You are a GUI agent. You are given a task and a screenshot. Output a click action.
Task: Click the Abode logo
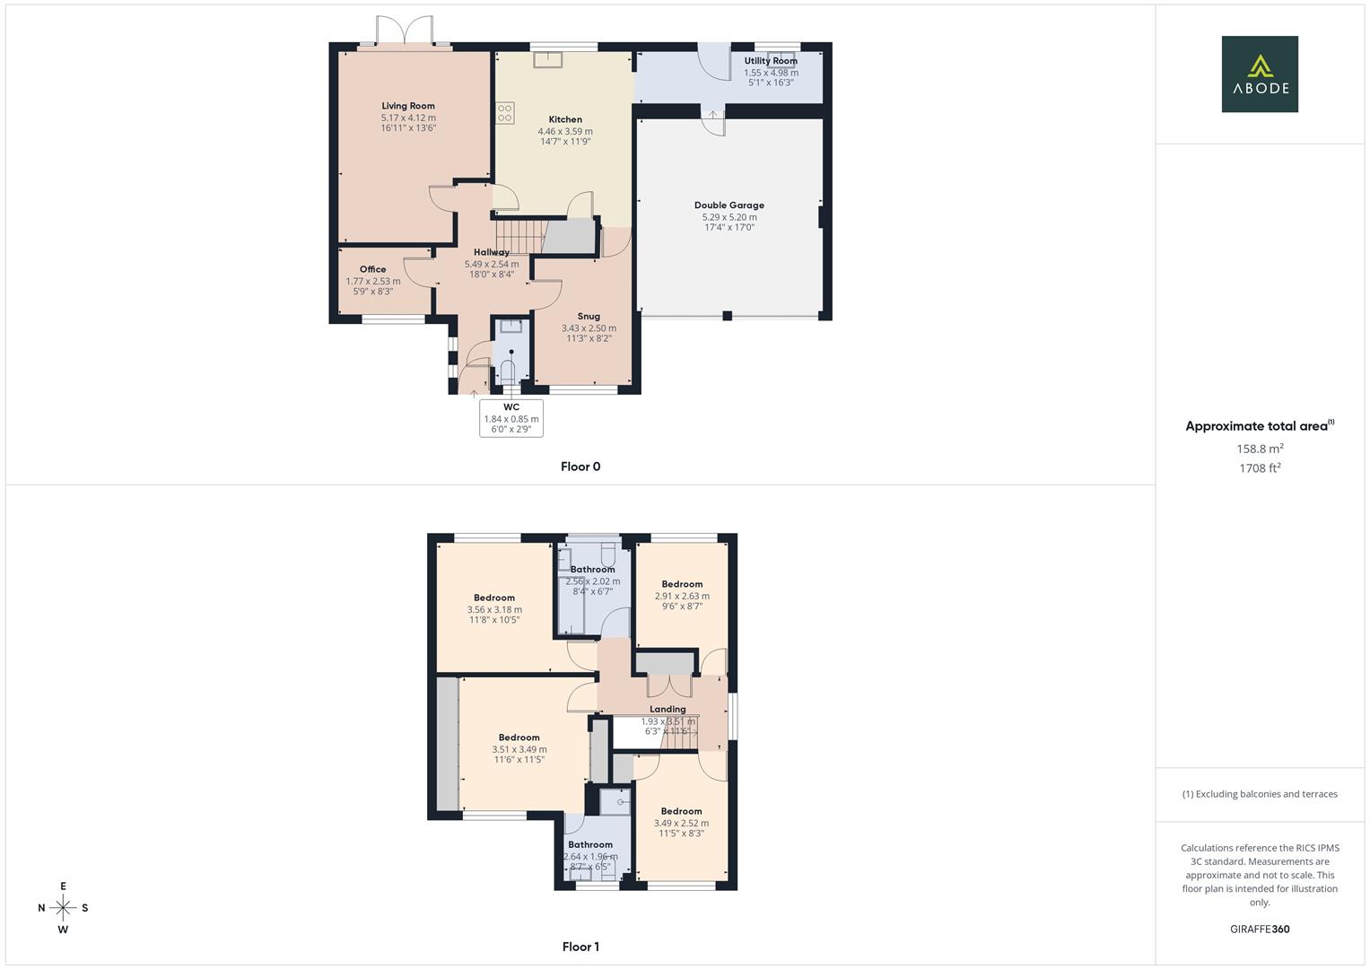click(x=1259, y=74)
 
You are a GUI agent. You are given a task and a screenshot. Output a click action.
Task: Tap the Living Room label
click(x=408, y=106)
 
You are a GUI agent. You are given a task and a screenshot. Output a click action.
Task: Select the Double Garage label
click(x=729, y=205)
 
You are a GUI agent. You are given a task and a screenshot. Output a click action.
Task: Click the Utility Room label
click(x=771, y=61)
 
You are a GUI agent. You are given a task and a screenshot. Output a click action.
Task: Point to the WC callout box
click(x=511, y=418)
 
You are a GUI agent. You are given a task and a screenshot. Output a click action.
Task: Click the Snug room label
click(x=589, y=317)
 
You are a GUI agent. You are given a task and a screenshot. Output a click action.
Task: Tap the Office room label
click(x=373, y=269)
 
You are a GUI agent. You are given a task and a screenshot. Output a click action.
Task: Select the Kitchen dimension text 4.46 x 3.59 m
click(x=565, y=131)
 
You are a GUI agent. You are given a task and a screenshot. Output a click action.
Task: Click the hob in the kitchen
click(x=505, y=113)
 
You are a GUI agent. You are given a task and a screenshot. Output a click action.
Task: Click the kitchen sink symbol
click(x=546, y=60)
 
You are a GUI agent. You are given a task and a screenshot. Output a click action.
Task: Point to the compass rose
click(x=63, y=908)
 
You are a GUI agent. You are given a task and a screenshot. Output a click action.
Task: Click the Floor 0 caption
click(x=580, y=467)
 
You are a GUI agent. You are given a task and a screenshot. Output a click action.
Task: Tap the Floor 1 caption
click(x=580, y=947)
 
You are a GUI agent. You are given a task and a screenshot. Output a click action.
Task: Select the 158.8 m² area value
click(x=1260, y=449)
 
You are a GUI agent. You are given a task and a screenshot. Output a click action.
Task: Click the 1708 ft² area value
click(x=1260, y=468)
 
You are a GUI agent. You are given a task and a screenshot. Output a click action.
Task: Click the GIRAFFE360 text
click(x=1260, y=930)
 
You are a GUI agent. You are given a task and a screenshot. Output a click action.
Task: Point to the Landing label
click(x=668, y=709)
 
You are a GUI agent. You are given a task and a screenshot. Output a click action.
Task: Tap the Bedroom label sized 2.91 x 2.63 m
click(x=682, y=584)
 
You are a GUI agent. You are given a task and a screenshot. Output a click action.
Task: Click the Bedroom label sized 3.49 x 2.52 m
click(x=681, y=811)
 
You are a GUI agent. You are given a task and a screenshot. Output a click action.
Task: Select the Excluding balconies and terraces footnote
click(x=1260, y=794)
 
